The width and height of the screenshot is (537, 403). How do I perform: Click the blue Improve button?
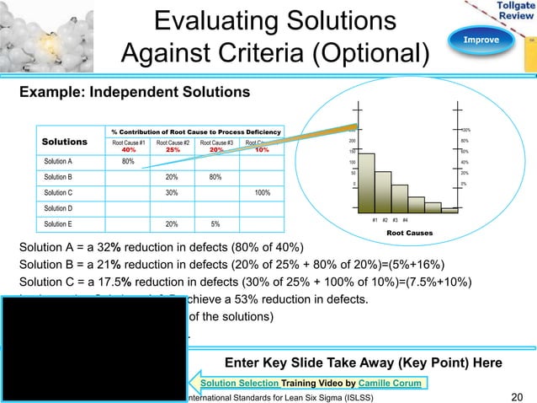click(x=477, y=40)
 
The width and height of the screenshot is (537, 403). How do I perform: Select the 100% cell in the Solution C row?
click(x=262, y=192)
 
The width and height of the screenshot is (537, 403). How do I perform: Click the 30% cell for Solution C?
click(x=171, y=192)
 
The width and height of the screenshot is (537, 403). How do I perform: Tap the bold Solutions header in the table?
click(x=65, y=142)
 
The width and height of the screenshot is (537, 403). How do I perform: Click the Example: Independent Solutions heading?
click(x=128, y=90)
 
